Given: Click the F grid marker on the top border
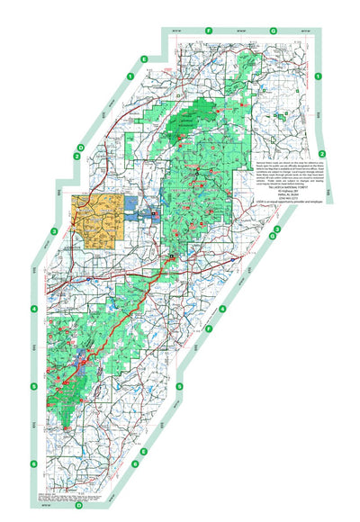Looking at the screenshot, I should coord(208,31).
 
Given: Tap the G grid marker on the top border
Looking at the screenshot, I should coord(273,31).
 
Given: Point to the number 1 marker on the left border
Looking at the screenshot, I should coord(130,77).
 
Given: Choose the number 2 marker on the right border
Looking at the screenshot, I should coord(333,153).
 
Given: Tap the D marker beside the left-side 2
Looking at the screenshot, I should coord(80,147).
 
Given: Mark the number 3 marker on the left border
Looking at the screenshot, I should coord(54,231).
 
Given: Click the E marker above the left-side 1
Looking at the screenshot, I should coord(143,59).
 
